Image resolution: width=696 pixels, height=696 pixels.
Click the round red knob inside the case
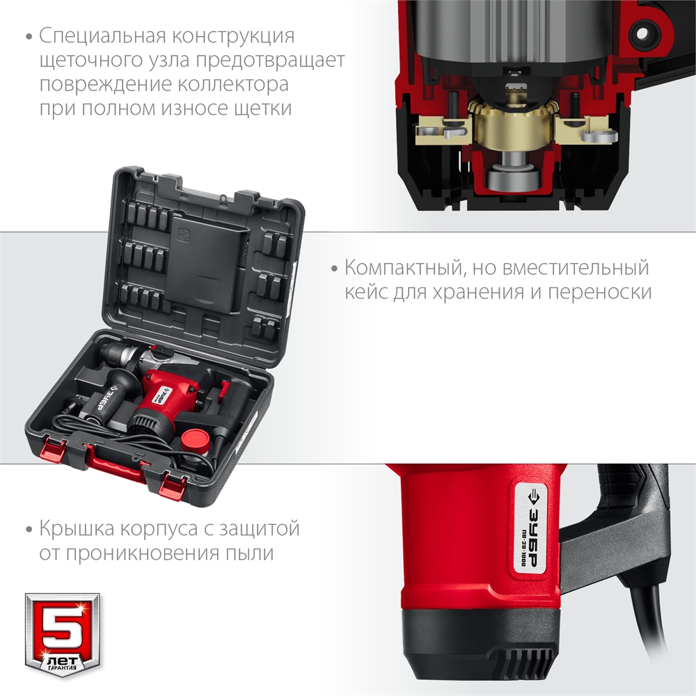(x=196, y=438)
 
